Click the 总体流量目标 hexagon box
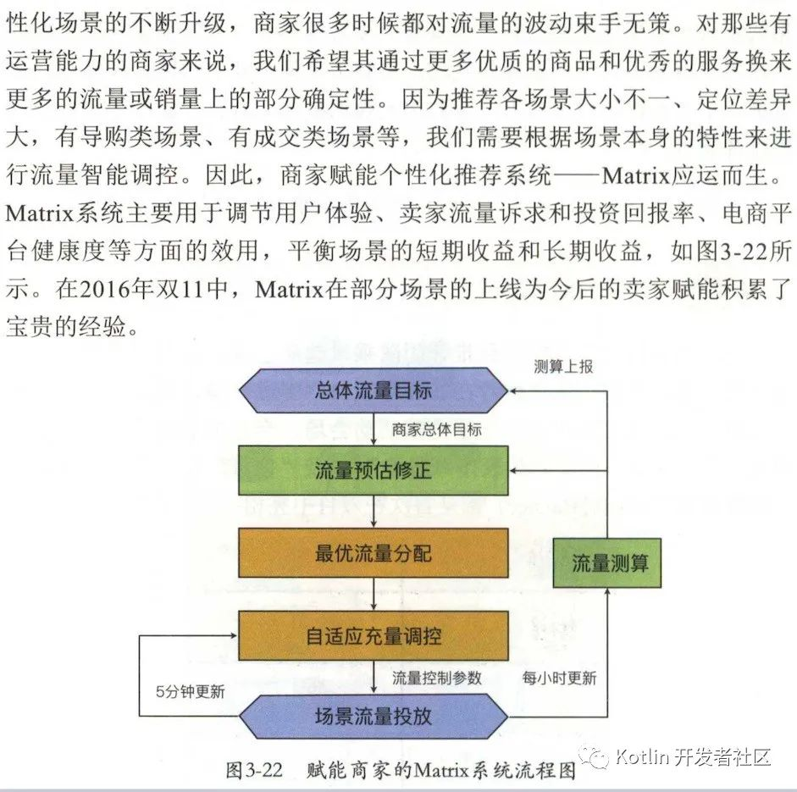[374, 390]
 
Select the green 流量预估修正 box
[374, 470]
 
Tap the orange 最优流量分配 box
[374, 553]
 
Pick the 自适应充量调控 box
[374, 635]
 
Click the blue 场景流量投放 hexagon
[374, 716]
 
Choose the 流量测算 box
[606, 563]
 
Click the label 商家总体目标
[437, 429]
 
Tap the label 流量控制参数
[437, 678]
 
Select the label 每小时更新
[559, 678]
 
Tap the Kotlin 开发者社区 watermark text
[694, 756]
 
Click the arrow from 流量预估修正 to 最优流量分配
[374, 512]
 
